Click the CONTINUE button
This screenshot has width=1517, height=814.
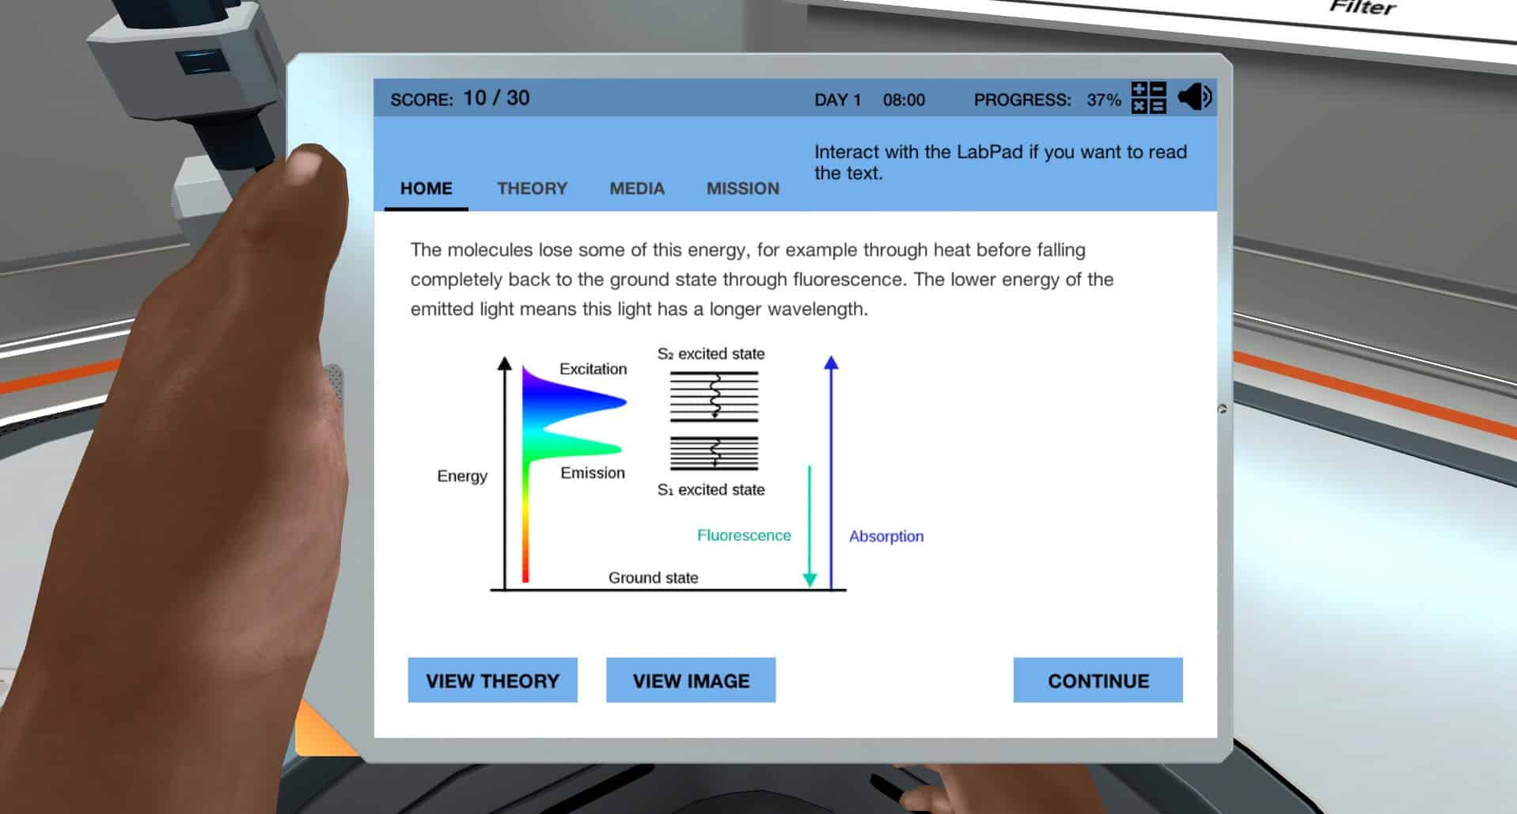tap(1098, 680)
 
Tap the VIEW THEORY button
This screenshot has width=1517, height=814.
tap(492, 680)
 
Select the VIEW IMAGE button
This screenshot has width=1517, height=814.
tap(691, 680)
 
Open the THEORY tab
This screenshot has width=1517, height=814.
tap(532, 188)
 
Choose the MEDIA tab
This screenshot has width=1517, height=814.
tap(637, 188)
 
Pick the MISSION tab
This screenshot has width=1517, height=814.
tap(743, 188)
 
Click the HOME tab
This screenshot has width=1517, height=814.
tap(427, 188)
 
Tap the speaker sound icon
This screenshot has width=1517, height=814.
tap(1195, 97)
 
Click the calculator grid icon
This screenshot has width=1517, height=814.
tap(1148, 98)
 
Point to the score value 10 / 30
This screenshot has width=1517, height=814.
tap(496, 98)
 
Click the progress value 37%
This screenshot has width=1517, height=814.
tap(1104, 100)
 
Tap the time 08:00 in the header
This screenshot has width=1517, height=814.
tap(904, 100)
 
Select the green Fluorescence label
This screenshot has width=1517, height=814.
tap(744, 535)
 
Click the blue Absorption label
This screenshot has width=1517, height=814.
tap(886, 536)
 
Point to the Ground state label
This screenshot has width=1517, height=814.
tap(653, 578)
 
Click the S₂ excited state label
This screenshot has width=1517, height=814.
tap(711, 354)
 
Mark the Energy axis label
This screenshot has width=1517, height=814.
tap(462, 476)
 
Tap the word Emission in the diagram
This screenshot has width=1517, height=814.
tap(593, 473)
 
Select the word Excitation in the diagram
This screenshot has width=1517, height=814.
tap(593, 369)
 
